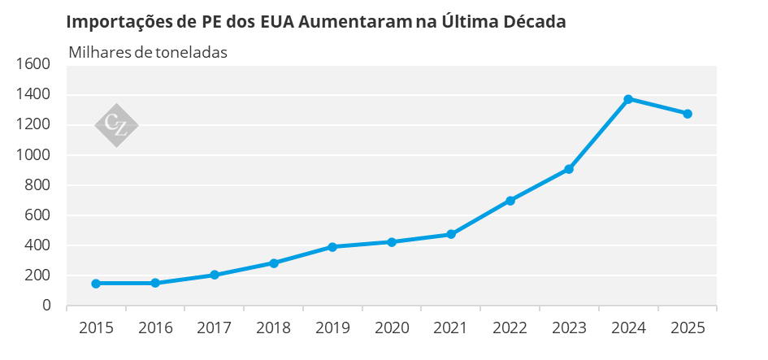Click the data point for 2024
tap(628, 99)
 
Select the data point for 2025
tap(688, 114)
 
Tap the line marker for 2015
tap(96, 284)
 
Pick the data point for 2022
tap(510, 201)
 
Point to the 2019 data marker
tap(332, 247)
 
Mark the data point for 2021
tap(450, 234)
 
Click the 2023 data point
tap(569, 169)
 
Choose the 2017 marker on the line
tap(214, 275)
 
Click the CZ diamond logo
tap(116, 125)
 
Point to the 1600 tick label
tap(33, 64)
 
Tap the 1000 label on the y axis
tap(33, 154)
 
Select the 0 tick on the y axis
tap(46, 305)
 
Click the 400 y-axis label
tap(37, 245)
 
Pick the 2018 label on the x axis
tap(273, 327)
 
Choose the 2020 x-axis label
tap(392, 327)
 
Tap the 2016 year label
tap(155, 327)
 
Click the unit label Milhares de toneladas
tap(148, 52)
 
